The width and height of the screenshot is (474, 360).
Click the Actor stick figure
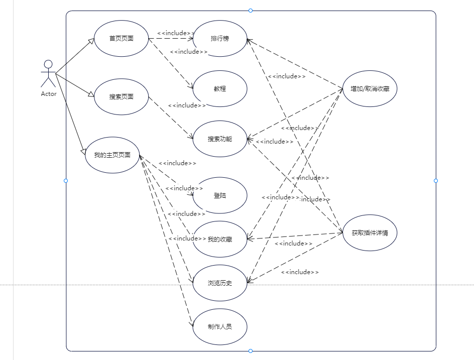48,74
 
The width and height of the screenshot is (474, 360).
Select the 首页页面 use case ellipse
121,38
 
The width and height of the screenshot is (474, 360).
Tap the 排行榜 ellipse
220,38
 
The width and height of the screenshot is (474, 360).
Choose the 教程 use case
220,88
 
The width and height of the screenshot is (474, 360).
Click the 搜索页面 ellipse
121,97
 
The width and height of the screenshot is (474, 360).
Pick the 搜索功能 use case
220,139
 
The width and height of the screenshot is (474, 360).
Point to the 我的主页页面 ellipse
112,155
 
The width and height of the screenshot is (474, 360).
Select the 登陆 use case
220,195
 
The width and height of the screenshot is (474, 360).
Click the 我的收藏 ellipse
220,239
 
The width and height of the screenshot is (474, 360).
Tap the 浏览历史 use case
220,283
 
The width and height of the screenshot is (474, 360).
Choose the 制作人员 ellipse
220,326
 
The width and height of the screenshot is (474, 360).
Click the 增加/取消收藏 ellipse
370,89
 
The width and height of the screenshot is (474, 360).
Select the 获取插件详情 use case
370,233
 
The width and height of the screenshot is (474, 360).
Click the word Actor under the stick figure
49,94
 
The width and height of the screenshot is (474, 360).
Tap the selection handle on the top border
251,11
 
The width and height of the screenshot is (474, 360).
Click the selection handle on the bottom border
251,351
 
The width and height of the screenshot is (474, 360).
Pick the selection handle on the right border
436,180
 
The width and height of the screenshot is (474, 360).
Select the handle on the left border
66,180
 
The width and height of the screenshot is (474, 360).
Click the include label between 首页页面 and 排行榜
176,33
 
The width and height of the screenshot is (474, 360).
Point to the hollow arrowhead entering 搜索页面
91,94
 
